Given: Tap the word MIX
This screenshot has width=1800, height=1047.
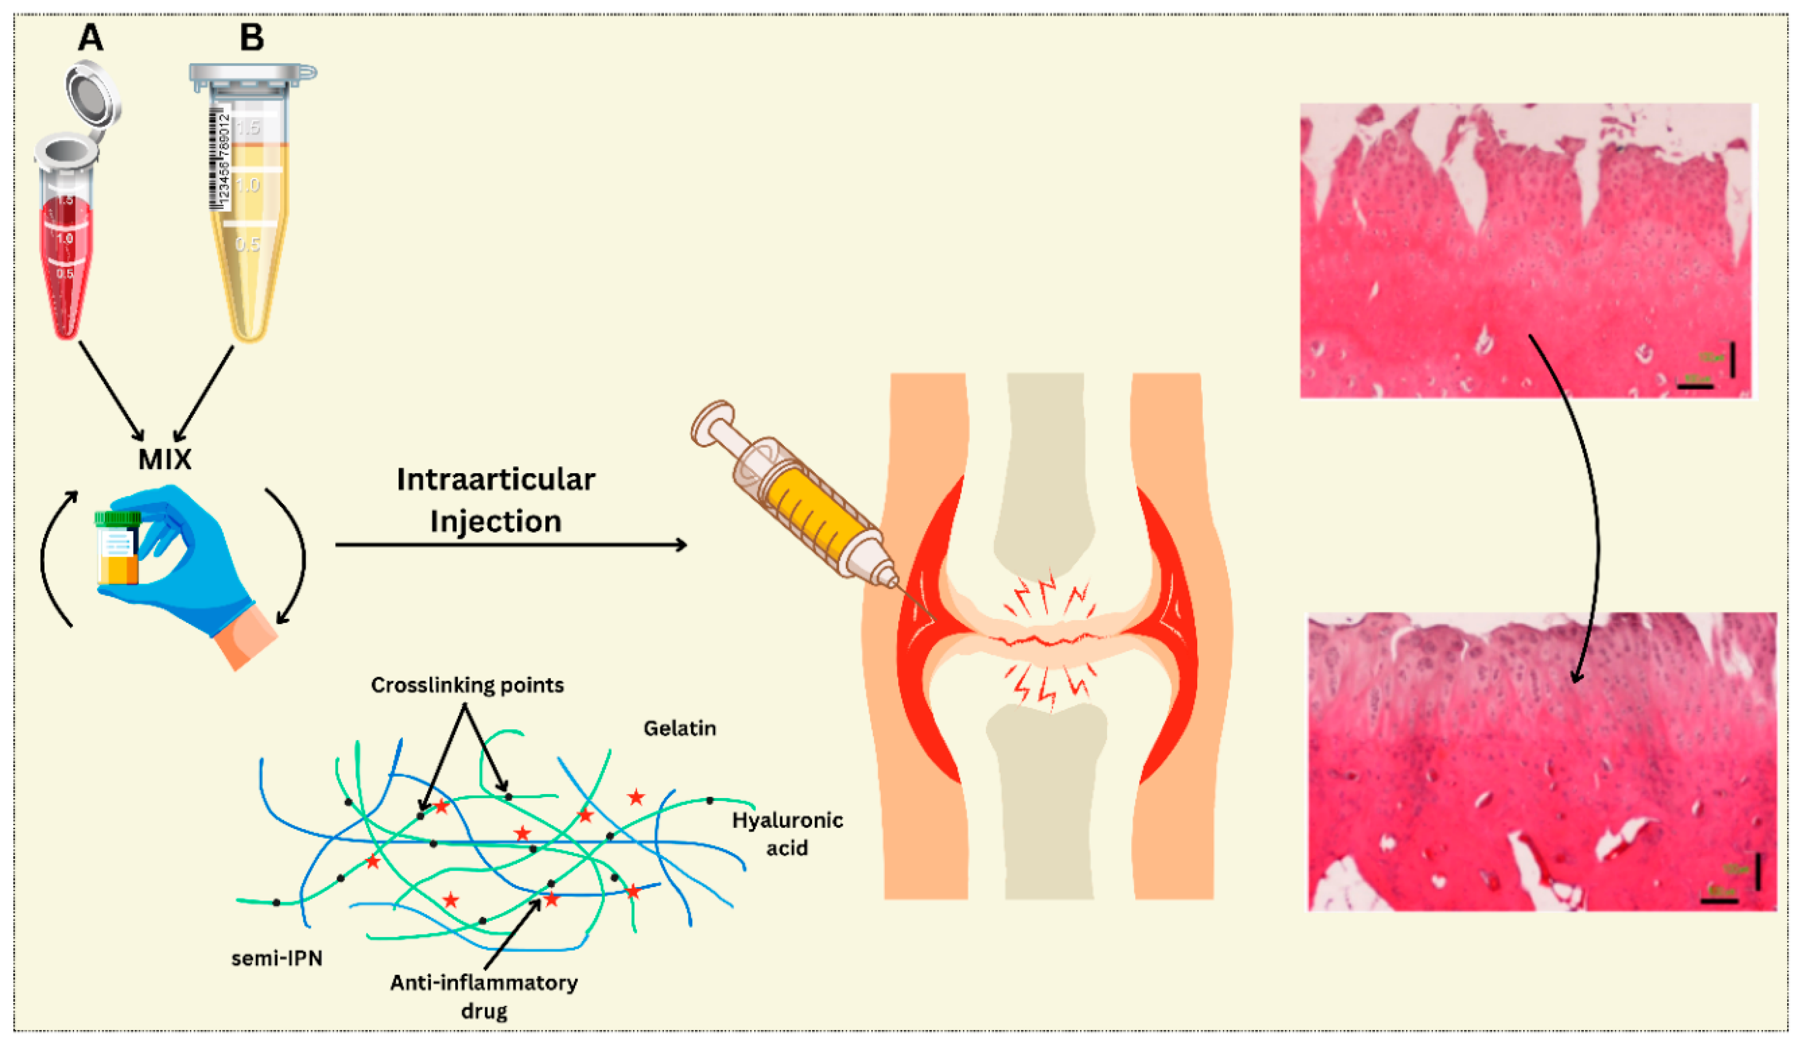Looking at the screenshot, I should pos(165,459).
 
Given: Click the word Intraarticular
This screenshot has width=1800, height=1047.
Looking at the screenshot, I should pos(496,480).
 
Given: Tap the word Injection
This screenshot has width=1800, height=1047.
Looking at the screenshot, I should pos(496,521).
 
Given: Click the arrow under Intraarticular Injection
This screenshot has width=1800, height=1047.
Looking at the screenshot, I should pos(511,546).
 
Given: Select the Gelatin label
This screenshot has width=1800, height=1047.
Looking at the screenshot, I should pos(680,728).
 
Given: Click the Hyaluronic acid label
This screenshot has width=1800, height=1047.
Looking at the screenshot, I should pos(787,833).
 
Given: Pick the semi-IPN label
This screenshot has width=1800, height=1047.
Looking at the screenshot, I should pos(277,958).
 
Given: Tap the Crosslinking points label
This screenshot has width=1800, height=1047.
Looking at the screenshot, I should pos(467,685).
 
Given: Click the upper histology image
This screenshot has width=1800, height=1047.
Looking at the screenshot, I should pos(1525,250).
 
